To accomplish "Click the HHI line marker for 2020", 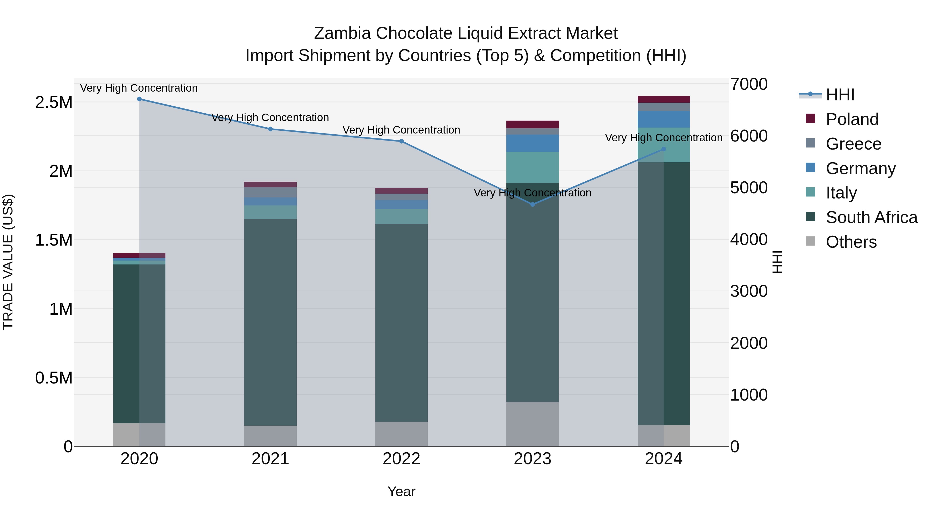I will pos(139,99).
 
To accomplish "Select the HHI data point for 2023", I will pos(533,205).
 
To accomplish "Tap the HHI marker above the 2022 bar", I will pos(401,141).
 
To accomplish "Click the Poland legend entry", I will pos(852,119).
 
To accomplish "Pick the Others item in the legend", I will pos(851,242).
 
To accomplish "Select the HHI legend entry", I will pos(840,95).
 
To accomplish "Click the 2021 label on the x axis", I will pos(270,459).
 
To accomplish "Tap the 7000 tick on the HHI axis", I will pos(748,84).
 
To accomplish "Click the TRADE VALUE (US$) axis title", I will pos(8,262).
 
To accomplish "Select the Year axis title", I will pos(401,491).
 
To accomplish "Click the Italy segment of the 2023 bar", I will pos(533,167).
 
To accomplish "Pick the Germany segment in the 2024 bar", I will pos(664,119).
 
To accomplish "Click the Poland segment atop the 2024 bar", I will pos(664,99).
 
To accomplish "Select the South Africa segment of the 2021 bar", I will pos(270,322).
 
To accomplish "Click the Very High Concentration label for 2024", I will pos(664,138).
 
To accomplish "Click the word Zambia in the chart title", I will pos(342,34).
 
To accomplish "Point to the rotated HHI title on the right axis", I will pos(777,262).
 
